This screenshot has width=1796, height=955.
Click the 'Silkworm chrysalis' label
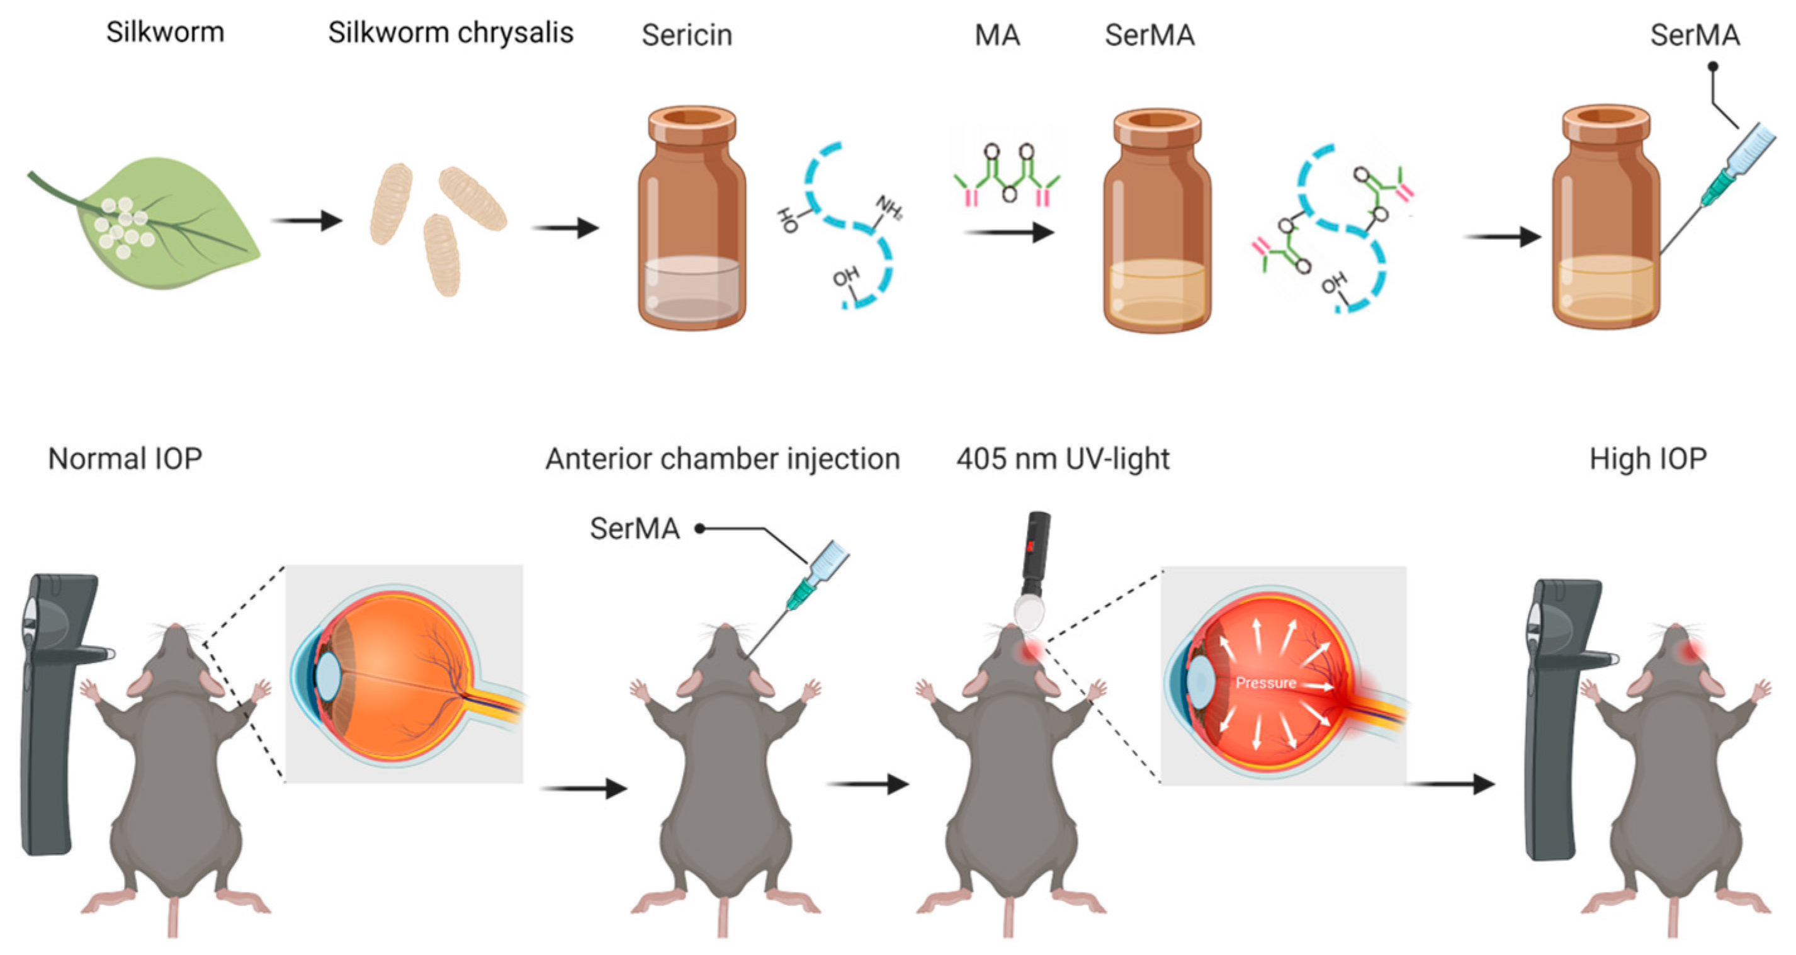click(450, 33)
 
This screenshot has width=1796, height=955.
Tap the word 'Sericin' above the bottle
click(687, 35)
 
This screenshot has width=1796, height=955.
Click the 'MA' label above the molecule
click(997, 35)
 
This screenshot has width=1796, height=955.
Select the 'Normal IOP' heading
click(125, 459)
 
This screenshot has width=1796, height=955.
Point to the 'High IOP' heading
click(1647, 459)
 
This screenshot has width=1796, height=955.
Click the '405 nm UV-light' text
click(1063, 459)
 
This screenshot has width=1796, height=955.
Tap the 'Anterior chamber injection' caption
click(722, 459)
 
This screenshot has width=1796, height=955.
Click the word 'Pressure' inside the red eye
click(1265, 682)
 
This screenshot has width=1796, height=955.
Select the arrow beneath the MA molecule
click(1007, 232)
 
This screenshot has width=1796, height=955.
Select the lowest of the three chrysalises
click(442, 254)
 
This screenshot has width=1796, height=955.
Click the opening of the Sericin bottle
click(692, 117)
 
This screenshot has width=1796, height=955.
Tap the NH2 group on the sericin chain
click(889, 207)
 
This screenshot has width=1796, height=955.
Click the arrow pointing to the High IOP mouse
click(1454, 784)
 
